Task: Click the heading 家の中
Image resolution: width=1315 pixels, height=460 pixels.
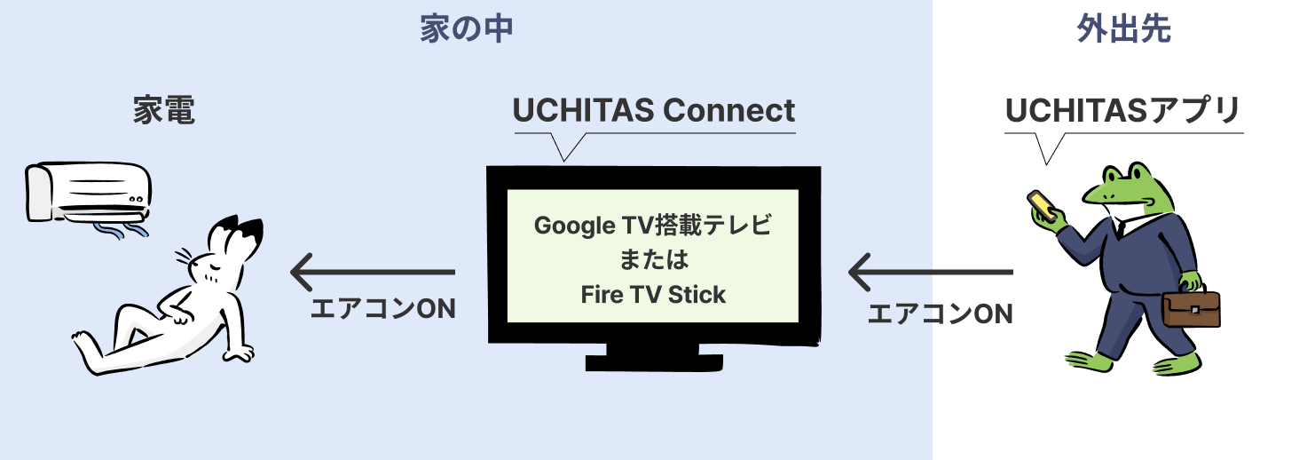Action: (x=467, y=30)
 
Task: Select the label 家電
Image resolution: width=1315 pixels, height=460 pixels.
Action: (x=164, y=111)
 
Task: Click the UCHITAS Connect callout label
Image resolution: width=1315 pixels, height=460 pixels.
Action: (x=654, y=111)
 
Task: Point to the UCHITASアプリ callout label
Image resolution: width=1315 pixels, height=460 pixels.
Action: (x=1122, y=111)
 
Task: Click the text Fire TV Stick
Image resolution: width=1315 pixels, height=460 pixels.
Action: (x=653, y=294)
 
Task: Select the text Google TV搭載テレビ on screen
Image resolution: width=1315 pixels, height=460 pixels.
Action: (x=653, y=226)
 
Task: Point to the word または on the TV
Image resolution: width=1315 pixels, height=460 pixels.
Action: (x=653, y=261)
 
